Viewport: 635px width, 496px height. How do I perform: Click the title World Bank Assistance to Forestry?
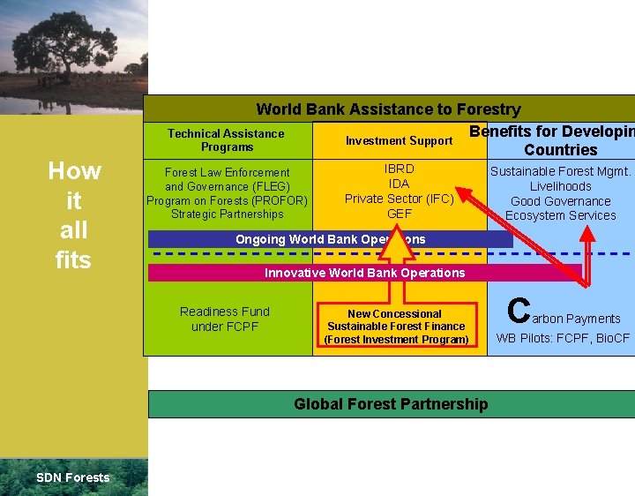[388, 109]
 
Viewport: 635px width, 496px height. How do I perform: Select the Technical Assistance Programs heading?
[227, 140]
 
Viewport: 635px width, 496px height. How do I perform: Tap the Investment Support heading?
[399, 140]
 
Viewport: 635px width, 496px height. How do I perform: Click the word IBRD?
[400, 169]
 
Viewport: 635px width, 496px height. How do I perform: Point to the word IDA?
[400, 184]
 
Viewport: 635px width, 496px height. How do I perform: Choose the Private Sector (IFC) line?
[399, 199]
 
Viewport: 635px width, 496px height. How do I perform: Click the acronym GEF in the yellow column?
[400, 214]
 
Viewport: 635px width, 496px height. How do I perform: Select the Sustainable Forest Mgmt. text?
[560, 172]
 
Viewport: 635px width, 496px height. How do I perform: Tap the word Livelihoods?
[560, 186]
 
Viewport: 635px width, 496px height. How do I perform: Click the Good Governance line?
[560, 201]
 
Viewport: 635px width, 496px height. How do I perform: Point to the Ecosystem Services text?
[560, 215]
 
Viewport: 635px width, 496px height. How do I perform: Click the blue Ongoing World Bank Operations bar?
[330, 239]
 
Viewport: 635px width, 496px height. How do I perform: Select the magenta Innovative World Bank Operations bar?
[364, 273]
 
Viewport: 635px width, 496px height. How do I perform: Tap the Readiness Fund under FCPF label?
[225, 319]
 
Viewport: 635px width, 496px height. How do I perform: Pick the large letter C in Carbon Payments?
[519, 311]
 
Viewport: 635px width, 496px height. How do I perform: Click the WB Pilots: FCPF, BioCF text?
[563, 338]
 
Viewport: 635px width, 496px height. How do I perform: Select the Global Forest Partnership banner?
[391, 404]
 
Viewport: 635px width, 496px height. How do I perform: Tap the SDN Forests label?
[73, 477]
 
